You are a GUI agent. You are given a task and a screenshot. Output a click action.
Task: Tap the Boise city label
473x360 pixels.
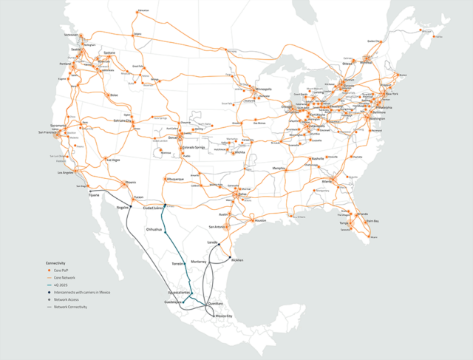[114, 95]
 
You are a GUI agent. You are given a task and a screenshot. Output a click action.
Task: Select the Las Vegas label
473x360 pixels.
[112, 160]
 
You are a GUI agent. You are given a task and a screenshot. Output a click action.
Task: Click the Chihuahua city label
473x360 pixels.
[154, 229]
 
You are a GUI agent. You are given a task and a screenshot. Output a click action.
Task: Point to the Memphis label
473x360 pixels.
[279, 168]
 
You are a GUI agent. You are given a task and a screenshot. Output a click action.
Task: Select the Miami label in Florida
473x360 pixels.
[374, 237]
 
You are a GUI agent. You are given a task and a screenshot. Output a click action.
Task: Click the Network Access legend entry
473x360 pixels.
[66, 299]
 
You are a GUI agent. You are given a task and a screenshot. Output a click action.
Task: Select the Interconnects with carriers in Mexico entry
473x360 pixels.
[81, 292]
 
